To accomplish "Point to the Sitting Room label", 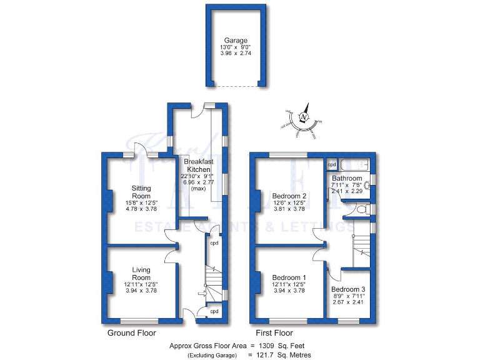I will click(x=141, y=192).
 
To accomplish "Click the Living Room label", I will click(x=141, y=274).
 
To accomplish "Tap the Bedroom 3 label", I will click(x=348, y=289).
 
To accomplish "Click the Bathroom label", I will click(x=347, y=178).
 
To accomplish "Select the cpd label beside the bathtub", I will click(x=332, y=165).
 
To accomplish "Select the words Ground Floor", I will click(x=131, y=333).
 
